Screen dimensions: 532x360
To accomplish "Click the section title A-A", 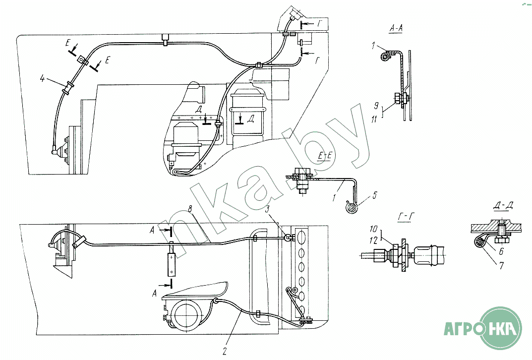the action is [396, 28].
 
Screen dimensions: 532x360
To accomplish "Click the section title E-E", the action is [324, 156].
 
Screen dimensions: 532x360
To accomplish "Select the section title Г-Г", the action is [406, 216].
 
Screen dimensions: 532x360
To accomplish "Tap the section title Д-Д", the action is [503, 206].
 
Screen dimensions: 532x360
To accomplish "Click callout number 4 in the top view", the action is [42, 79].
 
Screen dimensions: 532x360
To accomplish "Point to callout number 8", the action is [190, 209].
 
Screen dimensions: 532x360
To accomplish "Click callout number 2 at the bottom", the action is [225, 352].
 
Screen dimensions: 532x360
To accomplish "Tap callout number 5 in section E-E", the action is [374, 195].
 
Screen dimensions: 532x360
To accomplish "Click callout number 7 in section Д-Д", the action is [501, 265].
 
